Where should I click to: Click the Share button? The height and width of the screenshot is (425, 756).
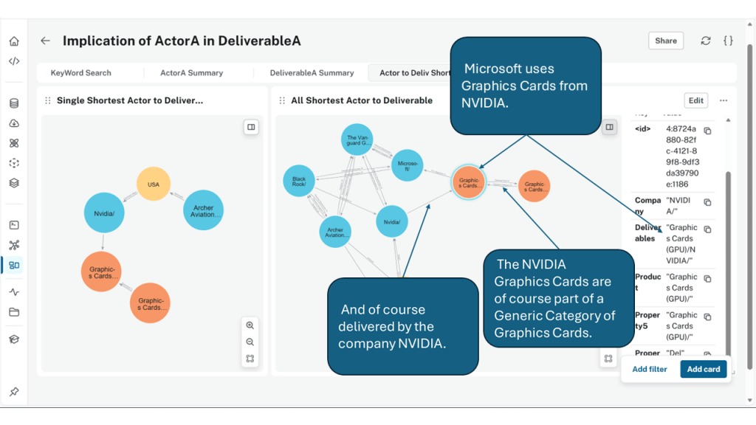(x=665, y=41)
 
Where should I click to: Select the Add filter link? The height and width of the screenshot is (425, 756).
(x=649, y=369)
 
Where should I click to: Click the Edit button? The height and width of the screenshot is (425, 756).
(x=695, y=100)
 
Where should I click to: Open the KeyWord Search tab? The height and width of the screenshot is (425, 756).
(x=80, y=73)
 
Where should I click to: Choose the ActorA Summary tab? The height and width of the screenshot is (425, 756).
(x=191, y=73)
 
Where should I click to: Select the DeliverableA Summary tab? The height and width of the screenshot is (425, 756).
(x=312, y=73)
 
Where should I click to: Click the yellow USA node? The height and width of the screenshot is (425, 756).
(x=154, y=184)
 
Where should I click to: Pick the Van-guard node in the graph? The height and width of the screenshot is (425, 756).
(x=358, y=140)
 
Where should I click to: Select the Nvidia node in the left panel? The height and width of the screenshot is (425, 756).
(x=103, y=213)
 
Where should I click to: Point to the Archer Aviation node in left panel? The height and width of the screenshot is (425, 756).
(x=203, y=211)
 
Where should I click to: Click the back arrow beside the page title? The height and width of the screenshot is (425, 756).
(x=46, y=41)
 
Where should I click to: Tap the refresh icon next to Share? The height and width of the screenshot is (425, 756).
(x=706, y=41)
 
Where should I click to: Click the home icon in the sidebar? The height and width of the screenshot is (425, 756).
(x=14, y=41)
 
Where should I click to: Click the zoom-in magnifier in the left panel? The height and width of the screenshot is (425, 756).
(x=250, y=325)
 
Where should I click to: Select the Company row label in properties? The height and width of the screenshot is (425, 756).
(x=648, y=206)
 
